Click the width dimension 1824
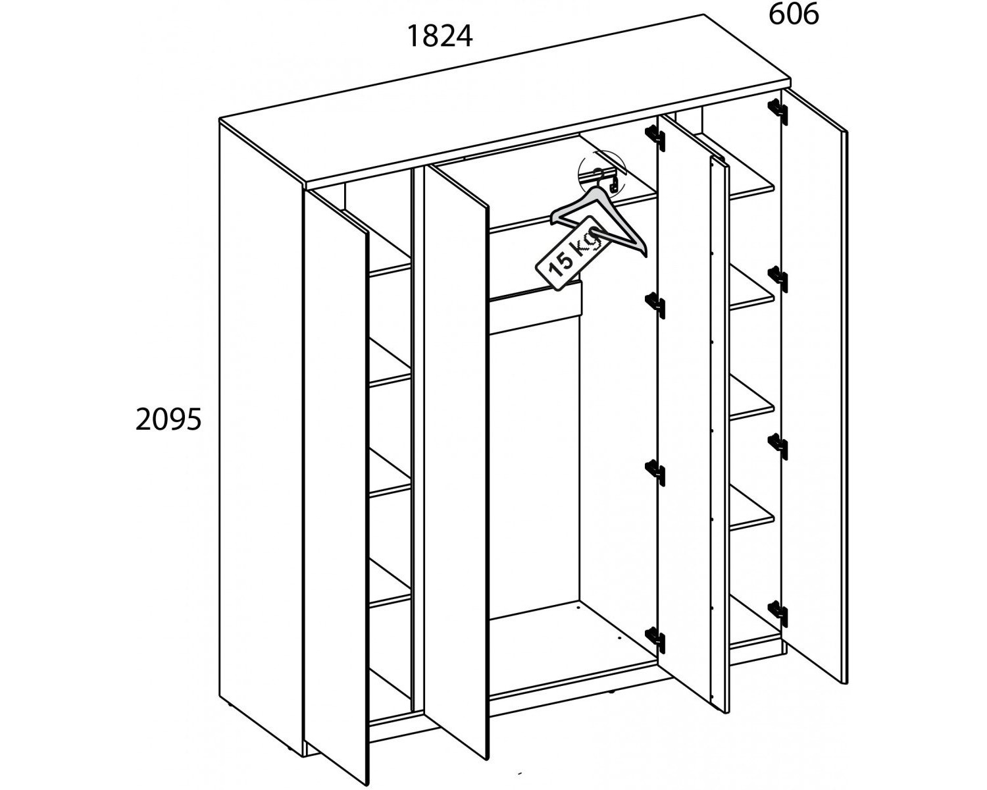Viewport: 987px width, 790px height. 440,37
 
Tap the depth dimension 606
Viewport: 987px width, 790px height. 794,14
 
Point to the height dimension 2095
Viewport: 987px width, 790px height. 168,419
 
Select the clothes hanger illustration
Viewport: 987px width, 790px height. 599,212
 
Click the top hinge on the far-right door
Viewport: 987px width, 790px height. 778,111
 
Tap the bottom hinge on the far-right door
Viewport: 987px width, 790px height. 778,613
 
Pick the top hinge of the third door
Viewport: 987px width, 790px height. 655,137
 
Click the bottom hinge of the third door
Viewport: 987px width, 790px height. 655,639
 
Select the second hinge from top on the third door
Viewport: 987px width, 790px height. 655,304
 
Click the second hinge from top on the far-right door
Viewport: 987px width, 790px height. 778,278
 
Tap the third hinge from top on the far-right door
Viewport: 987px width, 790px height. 778,446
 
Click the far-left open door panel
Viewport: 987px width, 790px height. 337,487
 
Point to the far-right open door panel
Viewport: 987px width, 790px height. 814,386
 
